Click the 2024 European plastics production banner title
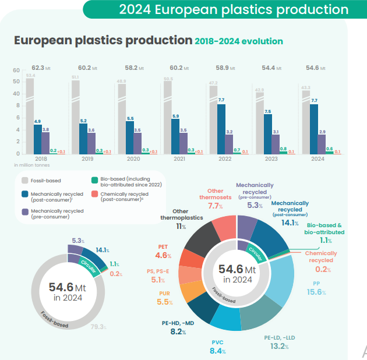234,9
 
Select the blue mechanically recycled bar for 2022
221,129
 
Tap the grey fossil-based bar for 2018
30,117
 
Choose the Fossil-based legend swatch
26,181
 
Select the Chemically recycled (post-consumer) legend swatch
94,195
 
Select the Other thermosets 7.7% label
215,199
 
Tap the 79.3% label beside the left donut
98,327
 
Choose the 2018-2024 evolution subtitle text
239,41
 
